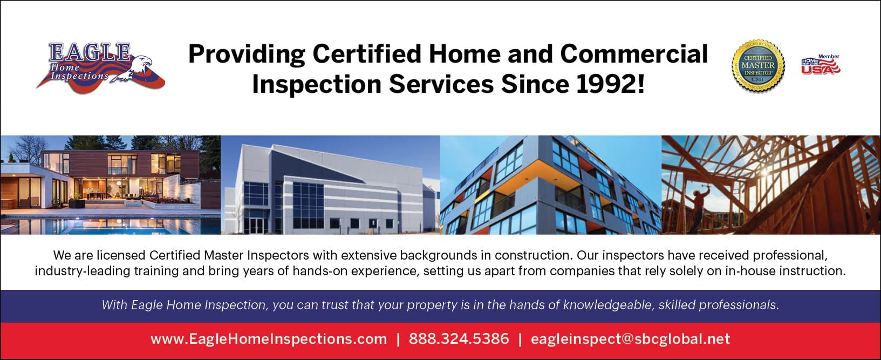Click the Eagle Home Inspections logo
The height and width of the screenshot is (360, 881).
coord(100,67)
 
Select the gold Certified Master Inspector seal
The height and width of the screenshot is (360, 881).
coord(758,66)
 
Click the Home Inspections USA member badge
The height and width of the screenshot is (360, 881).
coord(821,65)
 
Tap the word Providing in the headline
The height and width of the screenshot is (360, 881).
coord(247,55)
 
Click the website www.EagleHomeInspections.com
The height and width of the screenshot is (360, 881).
coord(269,339)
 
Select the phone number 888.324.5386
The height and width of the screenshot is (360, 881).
coord(459,339)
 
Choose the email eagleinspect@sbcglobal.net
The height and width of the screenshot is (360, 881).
coord(630,339)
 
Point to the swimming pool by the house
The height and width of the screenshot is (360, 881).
coord(110,226)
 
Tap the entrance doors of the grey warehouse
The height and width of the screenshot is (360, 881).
coord(256,225)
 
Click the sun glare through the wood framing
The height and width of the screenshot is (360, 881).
coord(765,172)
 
